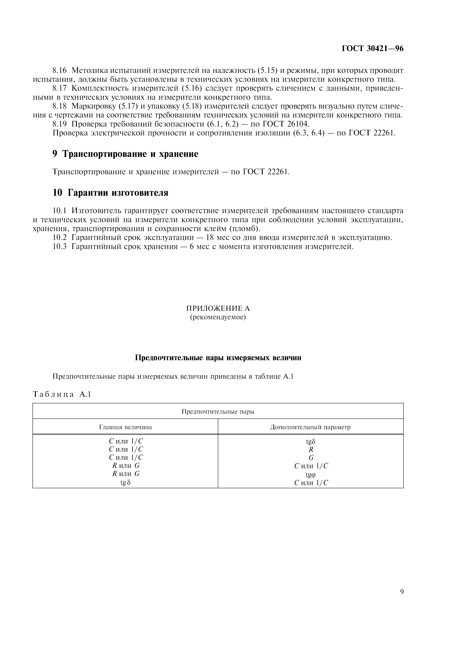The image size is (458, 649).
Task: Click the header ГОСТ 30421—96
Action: point(372,49)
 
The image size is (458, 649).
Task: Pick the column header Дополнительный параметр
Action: point(310,427)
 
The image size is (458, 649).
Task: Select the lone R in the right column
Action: point(311,449)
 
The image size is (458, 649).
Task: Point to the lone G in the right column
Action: point(311,458)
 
